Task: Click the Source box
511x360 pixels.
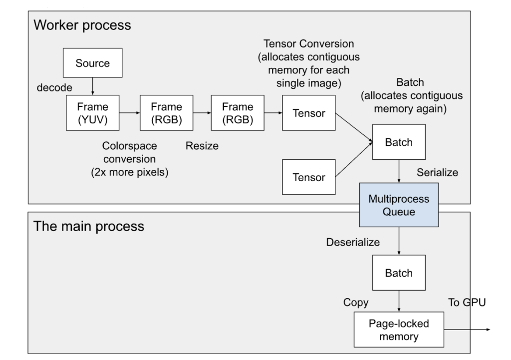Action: pos(92,63)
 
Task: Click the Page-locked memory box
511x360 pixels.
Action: pos(399,330)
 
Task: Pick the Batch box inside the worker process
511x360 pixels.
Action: pos(399,142)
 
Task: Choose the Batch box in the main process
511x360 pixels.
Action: pos(399,273)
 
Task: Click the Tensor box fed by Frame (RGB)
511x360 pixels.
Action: pos(308,113)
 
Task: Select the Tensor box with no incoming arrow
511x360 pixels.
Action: pos(308,177)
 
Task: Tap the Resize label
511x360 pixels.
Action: pos(202,146)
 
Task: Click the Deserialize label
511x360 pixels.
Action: pos(353,242)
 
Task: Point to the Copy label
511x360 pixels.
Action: pos(355,303)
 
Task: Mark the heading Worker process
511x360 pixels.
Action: pos(82,25)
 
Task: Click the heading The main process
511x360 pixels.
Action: pos(88,226)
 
